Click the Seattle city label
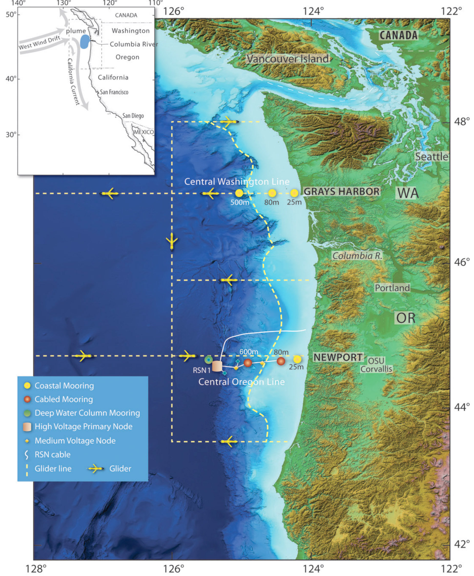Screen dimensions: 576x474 pos(431,156)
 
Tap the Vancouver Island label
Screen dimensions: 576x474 pos(287,59)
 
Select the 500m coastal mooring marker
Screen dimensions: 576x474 pos(239,193)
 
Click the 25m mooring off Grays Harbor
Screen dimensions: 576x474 pos(294,193)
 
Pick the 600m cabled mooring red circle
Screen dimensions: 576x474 pos(248,363)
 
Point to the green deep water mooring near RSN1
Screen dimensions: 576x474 pos(208,360)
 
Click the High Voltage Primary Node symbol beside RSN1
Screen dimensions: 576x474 pos(217,366)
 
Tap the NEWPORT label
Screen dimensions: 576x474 pos(338,357)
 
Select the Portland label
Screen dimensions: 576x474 pos(392,288)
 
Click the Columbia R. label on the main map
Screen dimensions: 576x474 pos(357,256)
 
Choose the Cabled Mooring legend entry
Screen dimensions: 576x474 pos(63,399)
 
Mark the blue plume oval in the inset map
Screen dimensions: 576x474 pos(85,42)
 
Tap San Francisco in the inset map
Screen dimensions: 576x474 pos(114,92)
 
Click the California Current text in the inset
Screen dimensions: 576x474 pos(74,82)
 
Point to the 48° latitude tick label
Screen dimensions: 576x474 pos(462,121)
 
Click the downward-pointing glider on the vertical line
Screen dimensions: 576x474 pos(172,241)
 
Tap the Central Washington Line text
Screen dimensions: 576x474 pos(237,181)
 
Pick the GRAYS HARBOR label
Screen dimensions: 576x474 pos(342,191)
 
